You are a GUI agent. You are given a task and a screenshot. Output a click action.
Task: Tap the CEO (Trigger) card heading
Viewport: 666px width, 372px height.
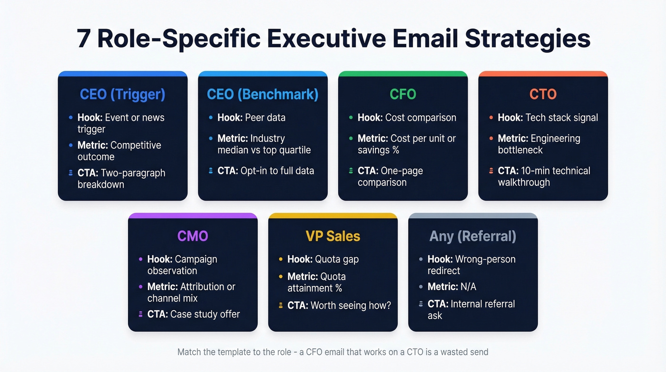(122, 94)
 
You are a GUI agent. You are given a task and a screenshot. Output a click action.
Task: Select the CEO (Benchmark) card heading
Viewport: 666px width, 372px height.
(263, 94)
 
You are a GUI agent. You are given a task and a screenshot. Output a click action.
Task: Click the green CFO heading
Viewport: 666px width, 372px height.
(403, 94)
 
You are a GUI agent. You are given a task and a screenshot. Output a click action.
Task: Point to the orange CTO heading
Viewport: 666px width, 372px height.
(543, 94)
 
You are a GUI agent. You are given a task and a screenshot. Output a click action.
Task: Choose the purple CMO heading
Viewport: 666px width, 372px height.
(193, 236)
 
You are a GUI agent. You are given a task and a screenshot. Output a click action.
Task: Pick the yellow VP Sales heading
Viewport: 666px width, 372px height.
(333, 236)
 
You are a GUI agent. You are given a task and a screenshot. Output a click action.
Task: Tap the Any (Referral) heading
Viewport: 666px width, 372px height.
(473, 236)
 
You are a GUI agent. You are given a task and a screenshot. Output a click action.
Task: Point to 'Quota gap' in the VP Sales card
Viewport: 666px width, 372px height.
(337, 259)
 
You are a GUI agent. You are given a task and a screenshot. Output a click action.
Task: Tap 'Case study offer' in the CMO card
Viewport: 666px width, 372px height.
(205, 314)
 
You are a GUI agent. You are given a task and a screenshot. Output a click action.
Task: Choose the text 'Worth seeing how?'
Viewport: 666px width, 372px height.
(351, 305)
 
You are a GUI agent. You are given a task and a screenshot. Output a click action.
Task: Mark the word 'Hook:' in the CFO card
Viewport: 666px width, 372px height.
(370, 118)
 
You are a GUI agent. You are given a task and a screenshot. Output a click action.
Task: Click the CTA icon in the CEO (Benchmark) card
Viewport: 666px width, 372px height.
(211, 171)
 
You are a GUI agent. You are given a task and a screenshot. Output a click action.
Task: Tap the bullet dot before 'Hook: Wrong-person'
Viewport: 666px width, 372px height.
(421, 259)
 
